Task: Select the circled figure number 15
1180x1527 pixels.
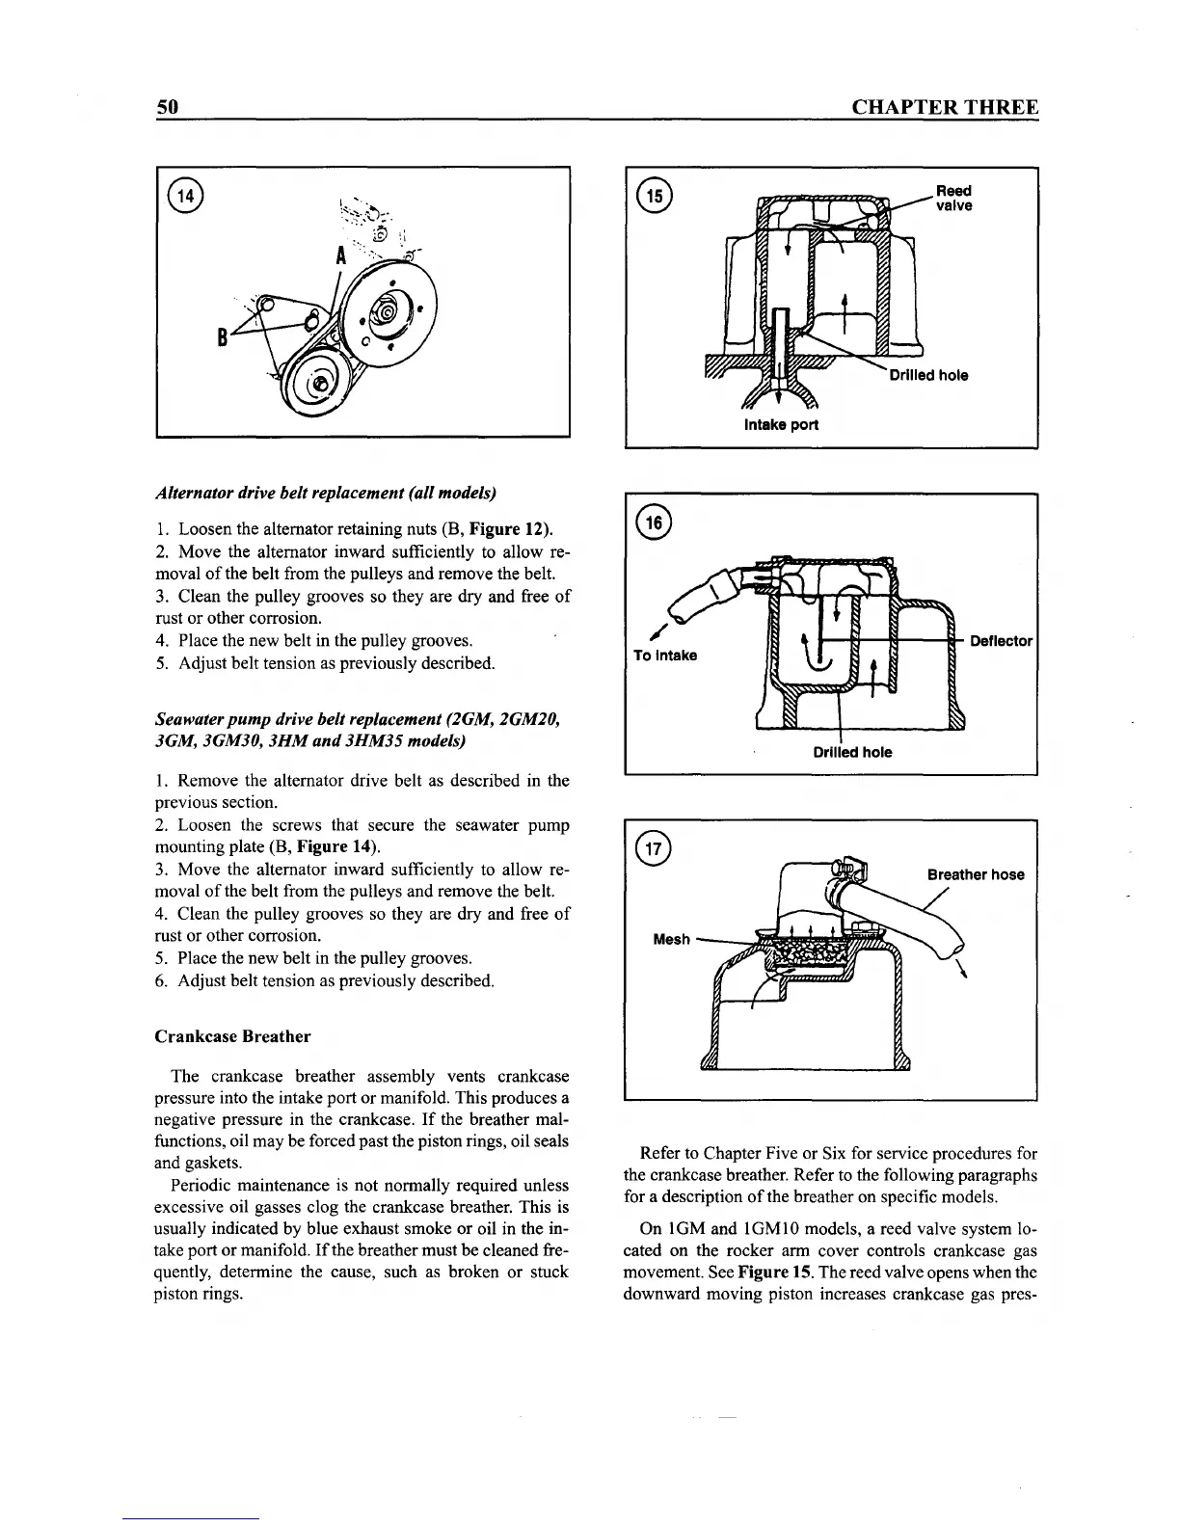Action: (657, 196)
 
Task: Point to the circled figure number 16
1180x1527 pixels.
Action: (657, 522)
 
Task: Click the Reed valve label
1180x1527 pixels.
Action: (953, 199)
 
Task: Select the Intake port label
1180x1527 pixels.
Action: (781, 425)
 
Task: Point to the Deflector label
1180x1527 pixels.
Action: (1001, 641)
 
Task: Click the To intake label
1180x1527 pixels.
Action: (665, 656)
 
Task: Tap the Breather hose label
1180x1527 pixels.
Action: (976, 874)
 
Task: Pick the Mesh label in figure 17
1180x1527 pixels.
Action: (671, 939)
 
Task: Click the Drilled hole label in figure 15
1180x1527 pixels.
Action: (928, 375)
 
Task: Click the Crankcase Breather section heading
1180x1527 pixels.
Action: (232, 1036)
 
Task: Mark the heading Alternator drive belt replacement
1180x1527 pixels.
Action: (326, 494)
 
